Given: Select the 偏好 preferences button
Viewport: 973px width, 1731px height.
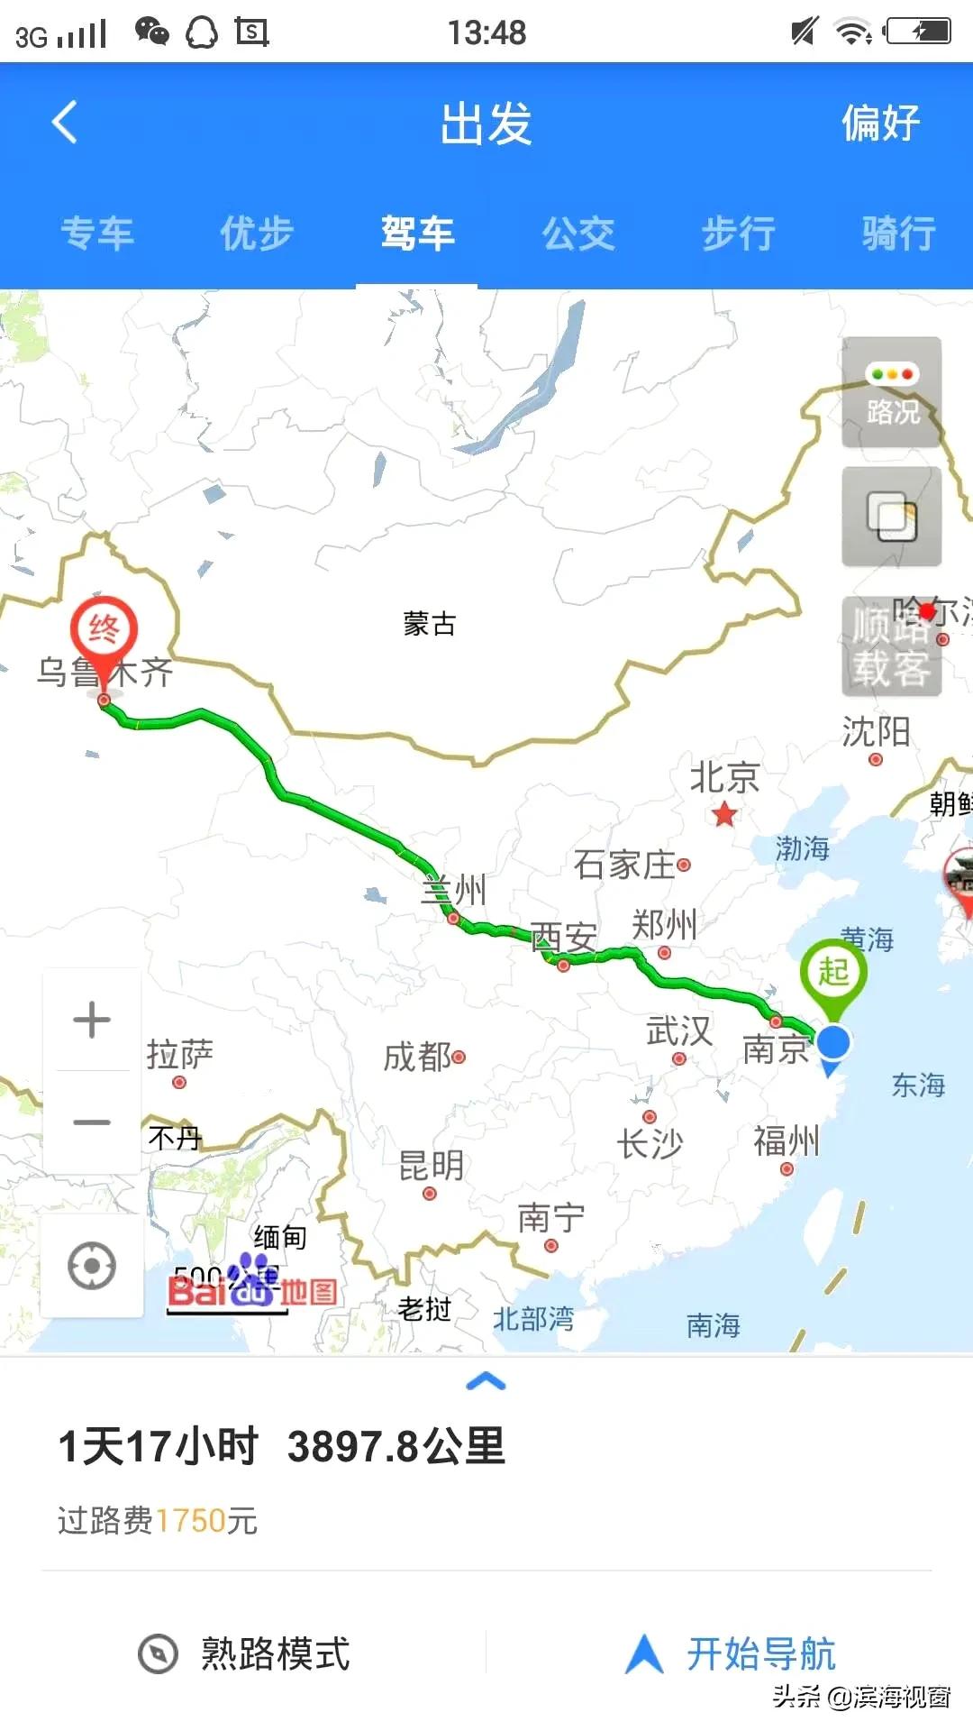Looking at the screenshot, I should click(880, 124).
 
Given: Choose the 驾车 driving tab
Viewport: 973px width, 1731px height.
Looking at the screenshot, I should click(417, 234).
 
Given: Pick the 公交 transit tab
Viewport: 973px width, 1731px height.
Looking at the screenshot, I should click(577, 234).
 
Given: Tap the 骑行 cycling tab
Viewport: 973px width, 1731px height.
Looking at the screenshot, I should click(898, 234).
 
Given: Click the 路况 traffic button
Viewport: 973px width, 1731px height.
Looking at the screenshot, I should click(891, 392).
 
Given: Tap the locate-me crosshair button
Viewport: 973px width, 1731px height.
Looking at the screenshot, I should click(92, 1265).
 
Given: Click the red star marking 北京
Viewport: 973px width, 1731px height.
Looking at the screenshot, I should click(724, 816).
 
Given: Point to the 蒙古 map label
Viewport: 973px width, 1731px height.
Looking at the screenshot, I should click(429, 624).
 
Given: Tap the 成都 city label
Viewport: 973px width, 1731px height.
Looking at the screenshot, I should click(418, 1057).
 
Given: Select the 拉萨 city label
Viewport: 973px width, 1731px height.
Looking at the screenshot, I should click(180, 1054).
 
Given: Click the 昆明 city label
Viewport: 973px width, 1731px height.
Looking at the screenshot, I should click(431, 1166).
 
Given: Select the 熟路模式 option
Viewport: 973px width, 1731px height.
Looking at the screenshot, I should click(244, 1653).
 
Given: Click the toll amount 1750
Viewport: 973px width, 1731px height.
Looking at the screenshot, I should click(190, 1521).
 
